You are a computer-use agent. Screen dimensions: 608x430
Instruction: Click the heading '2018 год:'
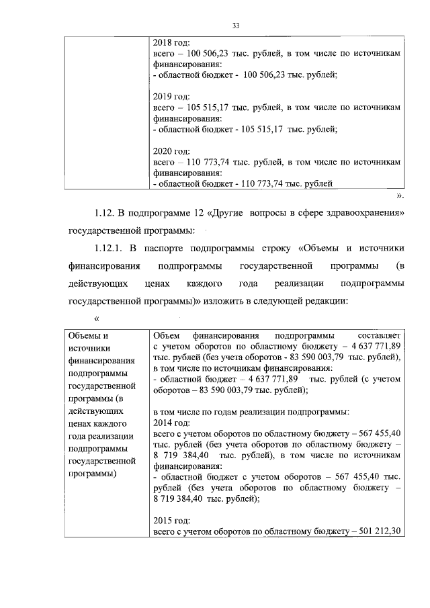coord(172,42)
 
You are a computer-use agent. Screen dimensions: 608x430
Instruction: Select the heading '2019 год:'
coord(172,96)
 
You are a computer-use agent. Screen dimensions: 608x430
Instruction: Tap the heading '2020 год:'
coord(172,150)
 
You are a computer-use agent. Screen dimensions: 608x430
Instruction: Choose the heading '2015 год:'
coord(172,520)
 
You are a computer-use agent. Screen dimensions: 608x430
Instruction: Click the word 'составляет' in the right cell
coord(380,335)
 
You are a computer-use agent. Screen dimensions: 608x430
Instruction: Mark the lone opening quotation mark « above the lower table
coord(98,318)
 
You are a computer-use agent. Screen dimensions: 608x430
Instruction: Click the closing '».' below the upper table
coord(400,196)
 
